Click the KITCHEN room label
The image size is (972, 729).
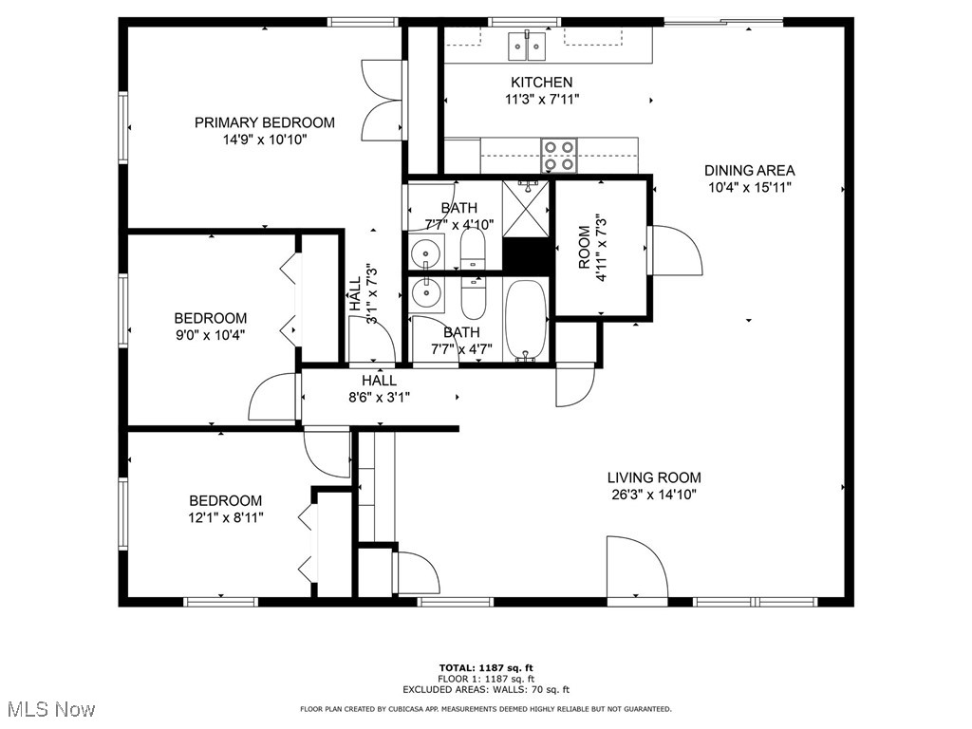541,83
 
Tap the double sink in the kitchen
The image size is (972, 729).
525,44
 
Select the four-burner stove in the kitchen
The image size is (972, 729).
559,156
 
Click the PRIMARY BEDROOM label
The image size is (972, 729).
264,122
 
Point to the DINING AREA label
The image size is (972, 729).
749,171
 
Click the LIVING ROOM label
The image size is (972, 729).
654,477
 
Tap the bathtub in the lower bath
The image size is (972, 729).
524,321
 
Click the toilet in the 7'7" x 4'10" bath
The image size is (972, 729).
472,252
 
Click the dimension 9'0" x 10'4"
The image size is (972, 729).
210,334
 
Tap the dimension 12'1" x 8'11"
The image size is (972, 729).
225,517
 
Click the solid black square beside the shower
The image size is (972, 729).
527,255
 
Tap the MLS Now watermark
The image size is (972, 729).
49,709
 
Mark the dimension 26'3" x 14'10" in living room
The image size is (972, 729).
654,495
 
